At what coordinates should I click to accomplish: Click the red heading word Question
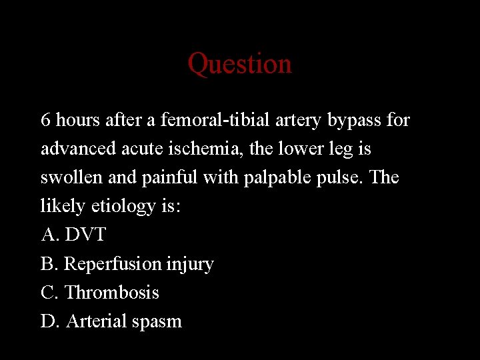(x=239, y=64)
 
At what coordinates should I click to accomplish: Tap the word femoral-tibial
(x=204, y=120)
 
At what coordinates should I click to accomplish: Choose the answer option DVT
(x=85, y=235)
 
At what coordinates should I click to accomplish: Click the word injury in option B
(x=191, y=264)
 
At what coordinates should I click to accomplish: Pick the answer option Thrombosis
(x=112, y=292)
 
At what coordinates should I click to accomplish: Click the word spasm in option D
(x=157, y=321)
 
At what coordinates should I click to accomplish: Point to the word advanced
(x=73, y=149)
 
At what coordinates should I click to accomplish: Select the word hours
(x=75, y=120)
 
